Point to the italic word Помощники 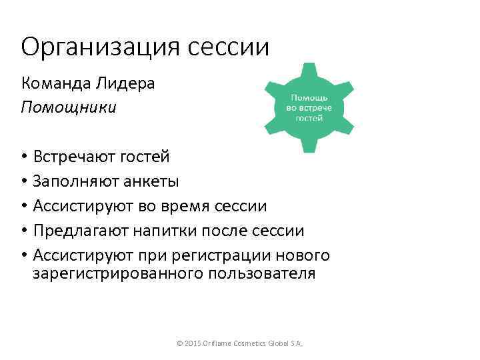pos(69,107)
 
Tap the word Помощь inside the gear pos(308,98)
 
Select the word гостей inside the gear pos(309,117)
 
